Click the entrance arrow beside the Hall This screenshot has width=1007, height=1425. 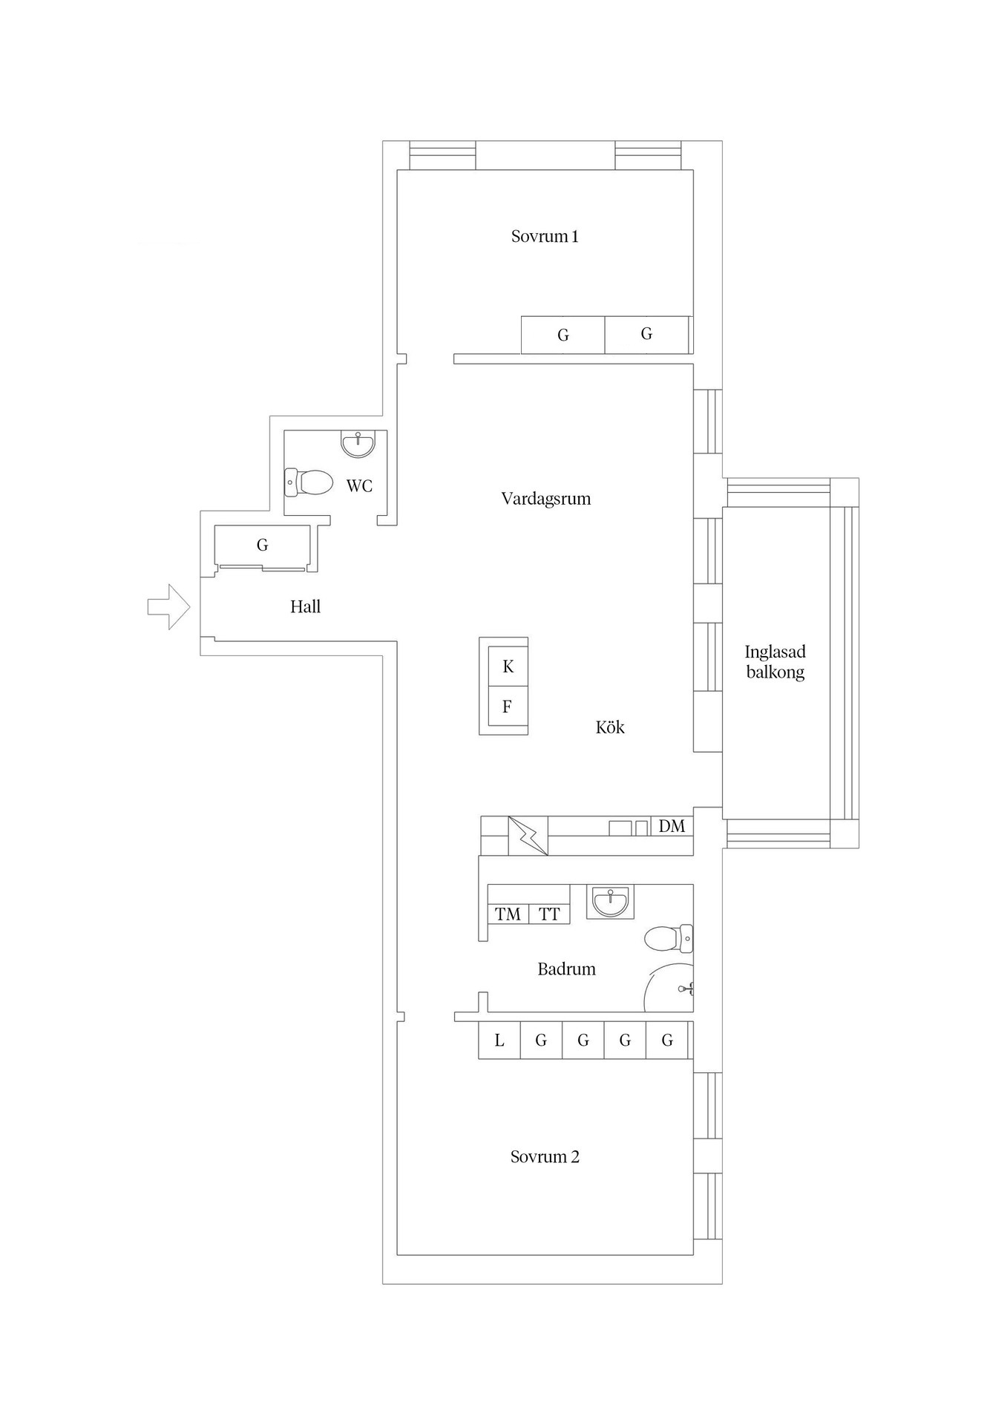coord(169,607)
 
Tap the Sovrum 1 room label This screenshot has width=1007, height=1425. coord(545,237)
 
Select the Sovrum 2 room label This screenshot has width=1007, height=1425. coord(545,1157)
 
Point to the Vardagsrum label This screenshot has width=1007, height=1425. coord(546,499)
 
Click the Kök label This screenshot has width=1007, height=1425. coord(610,727)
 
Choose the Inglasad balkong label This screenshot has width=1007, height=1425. coord(775,662)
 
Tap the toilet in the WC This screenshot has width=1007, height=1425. coord(309,482)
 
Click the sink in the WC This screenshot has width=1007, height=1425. coord(358,444)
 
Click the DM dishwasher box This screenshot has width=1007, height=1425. coord(672,826)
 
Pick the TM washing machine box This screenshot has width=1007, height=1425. coord(508,914)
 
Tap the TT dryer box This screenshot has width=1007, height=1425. coord(549,914)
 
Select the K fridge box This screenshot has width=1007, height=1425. coord(508,666)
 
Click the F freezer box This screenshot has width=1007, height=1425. coord(508,706)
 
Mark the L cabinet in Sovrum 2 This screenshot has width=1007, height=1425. coord(499,1041)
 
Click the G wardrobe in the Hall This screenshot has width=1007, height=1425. coord(262,546)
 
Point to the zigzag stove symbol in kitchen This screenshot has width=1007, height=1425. coord(528,836)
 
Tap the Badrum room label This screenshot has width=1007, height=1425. coord(567,969)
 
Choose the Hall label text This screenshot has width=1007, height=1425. coord(305,607)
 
